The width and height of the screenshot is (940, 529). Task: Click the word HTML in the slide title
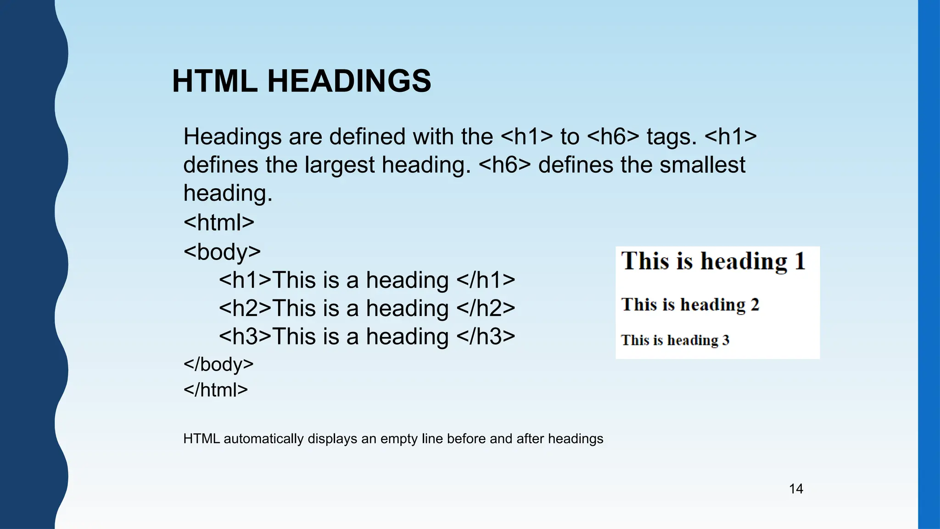[x=214, y=81]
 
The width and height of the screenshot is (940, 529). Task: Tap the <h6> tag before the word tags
[x=613, y=137]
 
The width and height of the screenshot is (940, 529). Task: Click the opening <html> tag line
[x=218, y=223]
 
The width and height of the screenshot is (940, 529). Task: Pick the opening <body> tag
[x=222, y=252]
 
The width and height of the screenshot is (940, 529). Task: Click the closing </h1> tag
[x=486, y=280]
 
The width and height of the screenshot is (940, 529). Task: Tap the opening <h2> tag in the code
[x=245, y=308]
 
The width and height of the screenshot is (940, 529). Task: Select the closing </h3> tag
[x=486, y=337]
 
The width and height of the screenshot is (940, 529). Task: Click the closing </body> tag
[x=218, y=364]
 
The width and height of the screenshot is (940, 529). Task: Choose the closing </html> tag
[x=215, y=390]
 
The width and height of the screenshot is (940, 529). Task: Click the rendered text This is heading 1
[x=713, y=261]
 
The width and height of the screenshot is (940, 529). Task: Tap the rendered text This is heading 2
[x=690, y=304]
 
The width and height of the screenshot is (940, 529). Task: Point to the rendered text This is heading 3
[x=675, y=340]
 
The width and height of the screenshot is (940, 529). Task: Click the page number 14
[x=796, y=489]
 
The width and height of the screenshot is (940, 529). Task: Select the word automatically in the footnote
[x=263, y=439]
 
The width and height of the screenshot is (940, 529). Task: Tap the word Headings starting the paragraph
[x=232, y=137]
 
